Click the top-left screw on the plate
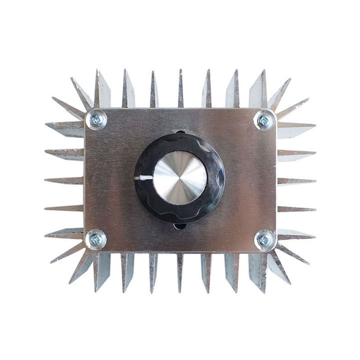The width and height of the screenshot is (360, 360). pos(96,120)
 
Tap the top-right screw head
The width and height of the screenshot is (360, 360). pos(263,121)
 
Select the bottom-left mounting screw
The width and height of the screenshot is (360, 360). pos(95,239)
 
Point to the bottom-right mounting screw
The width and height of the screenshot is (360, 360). pos(264,239)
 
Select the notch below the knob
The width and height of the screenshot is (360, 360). pos(180,226)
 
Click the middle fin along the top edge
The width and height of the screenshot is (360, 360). pos(180,90)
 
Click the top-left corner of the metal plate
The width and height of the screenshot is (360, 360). pos(86,110)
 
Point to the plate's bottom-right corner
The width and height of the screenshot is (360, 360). pos(274,250)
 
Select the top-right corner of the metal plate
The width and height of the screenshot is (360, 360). pos(274,110)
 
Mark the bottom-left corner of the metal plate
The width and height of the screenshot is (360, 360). pos(86,250)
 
